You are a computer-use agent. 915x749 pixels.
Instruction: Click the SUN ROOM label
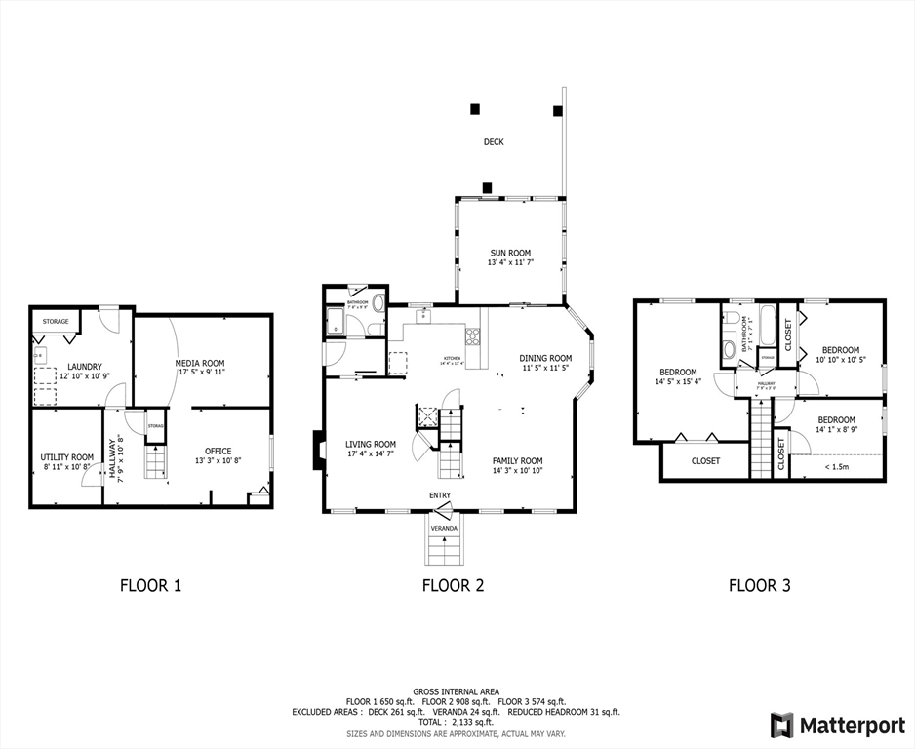pos(510,253)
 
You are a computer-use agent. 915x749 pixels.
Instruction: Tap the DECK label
pos(494,142)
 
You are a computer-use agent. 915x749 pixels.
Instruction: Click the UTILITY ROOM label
pos(66,457)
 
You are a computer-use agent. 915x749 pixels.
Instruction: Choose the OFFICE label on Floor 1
pos(218,452)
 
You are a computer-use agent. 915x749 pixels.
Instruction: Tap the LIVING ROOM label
pos(371,444)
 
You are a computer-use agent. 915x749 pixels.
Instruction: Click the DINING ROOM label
pos(545,358)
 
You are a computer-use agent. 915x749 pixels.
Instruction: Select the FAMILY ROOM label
pos(517,461)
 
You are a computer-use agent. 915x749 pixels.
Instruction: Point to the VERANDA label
pos(444,528)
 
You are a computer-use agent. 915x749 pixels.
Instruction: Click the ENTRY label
pos(440,495)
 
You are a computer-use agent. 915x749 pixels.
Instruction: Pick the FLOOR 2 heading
pos(453,586)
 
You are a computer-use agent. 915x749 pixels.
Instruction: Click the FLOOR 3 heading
pos(759,586)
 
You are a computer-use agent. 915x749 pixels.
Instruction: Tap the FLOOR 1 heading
pos(150,586)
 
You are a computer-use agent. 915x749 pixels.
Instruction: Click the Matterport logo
pos(838,726)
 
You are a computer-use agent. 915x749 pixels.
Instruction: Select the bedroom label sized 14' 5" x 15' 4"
pos(678,373)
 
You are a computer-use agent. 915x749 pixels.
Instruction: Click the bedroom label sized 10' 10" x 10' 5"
pos(840,350)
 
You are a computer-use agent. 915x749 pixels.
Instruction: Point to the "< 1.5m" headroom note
pos(836,467)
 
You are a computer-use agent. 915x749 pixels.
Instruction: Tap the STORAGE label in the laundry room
pos(55,321)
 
